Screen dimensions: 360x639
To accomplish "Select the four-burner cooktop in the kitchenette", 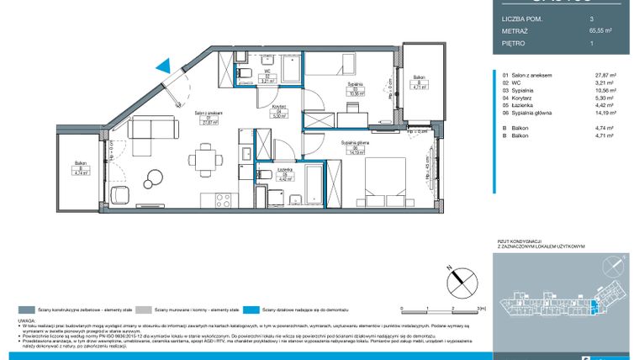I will [x=223, y=199].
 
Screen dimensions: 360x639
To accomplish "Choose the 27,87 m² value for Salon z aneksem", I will [x=605, y=75].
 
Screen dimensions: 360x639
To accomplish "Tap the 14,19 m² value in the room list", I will [x=605, y=113].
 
